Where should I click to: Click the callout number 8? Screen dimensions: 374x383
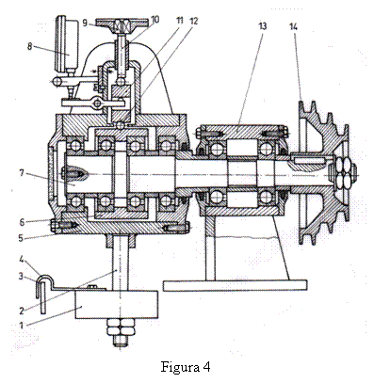(29, 47)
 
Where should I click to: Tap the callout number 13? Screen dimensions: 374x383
(262, 25)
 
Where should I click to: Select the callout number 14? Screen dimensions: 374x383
(293, 27)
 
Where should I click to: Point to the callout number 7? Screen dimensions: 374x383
(22, 173)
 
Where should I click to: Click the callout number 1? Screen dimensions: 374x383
(22, 325)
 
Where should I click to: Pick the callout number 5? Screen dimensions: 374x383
(21, 238)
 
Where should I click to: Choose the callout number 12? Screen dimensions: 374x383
(194, 22)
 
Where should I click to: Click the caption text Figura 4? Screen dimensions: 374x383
(186, 366)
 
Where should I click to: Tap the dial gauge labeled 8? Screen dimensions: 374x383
(67, 44)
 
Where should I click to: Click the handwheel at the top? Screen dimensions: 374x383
(122, 23)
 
